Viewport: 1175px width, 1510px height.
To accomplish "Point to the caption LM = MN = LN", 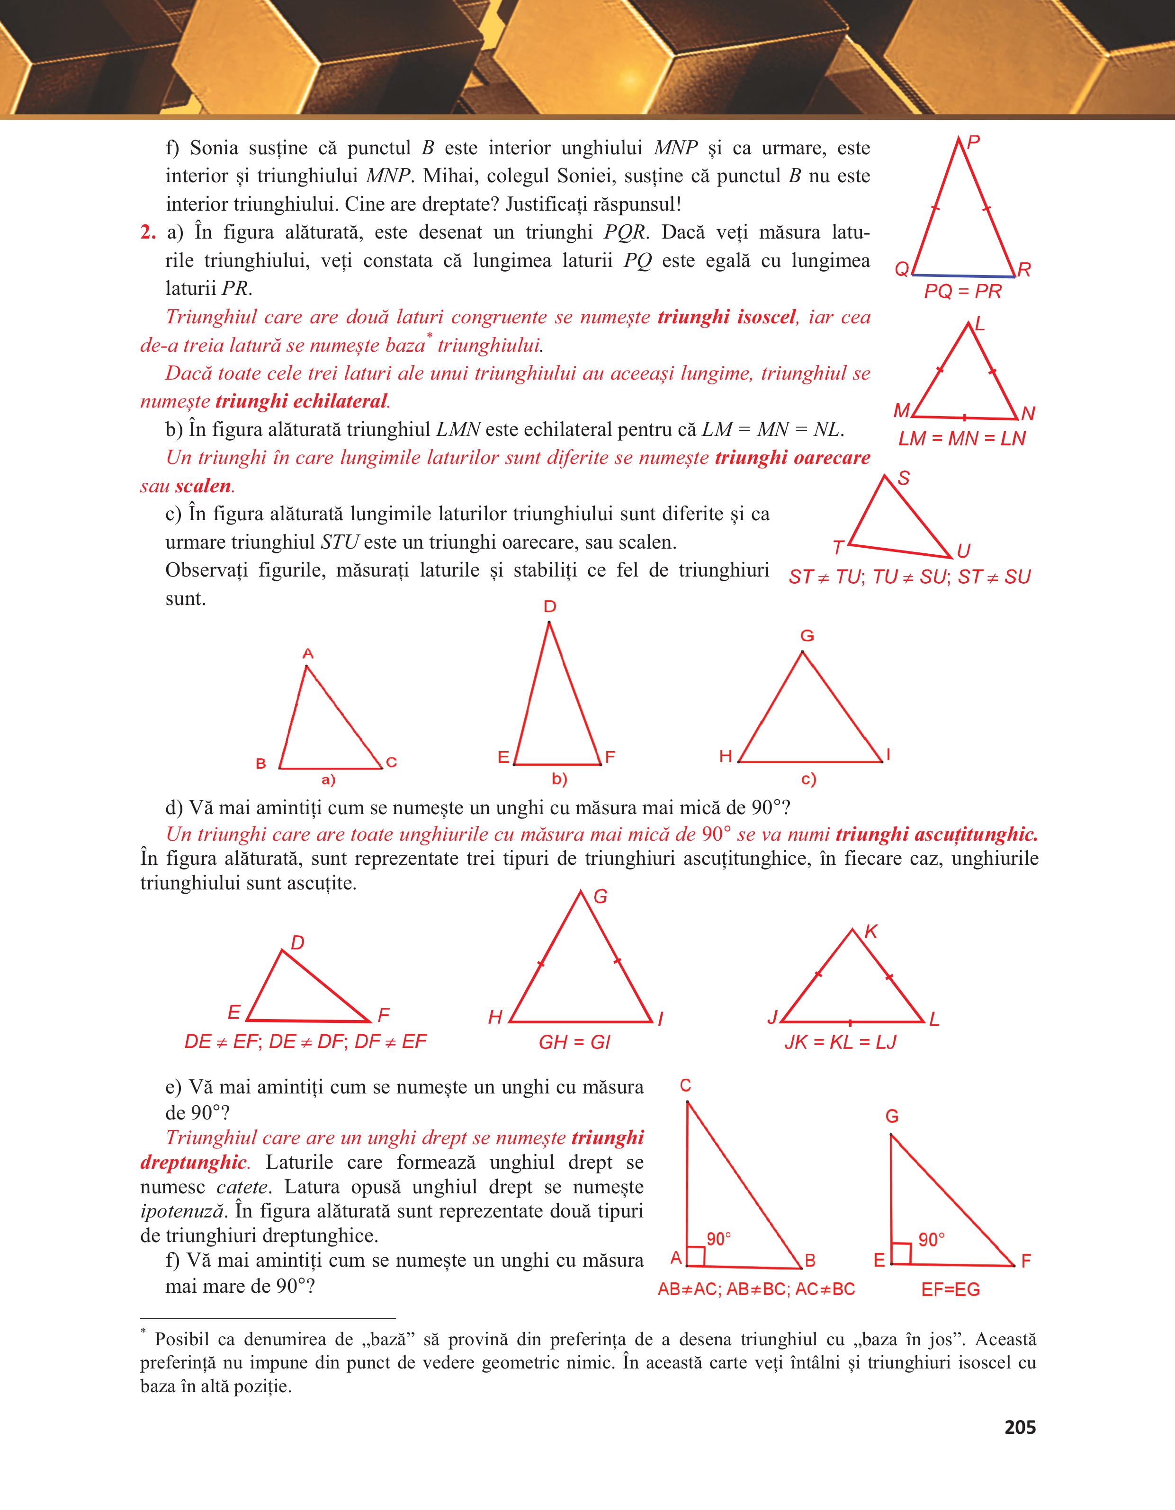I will click(x=962, y=438).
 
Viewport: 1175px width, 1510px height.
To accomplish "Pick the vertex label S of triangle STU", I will click(x=903, y=479).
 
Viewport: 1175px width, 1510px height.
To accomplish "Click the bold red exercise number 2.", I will click(x=147, y=232).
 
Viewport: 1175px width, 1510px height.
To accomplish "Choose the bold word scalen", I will click(x=203, y=486).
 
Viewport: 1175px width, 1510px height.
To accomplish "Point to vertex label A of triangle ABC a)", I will click(x=308, y=653).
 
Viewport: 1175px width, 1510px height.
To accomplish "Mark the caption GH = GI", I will click(x=574, y=1042).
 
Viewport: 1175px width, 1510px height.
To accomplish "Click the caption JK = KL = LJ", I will click(x=840, y=1042).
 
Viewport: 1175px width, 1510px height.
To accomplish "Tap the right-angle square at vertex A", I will click(x=696, y=1256).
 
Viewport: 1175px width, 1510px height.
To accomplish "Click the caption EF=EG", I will click(x=950, y=1289).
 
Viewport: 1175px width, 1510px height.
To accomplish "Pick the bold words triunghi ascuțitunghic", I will click(x=936, y=835).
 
